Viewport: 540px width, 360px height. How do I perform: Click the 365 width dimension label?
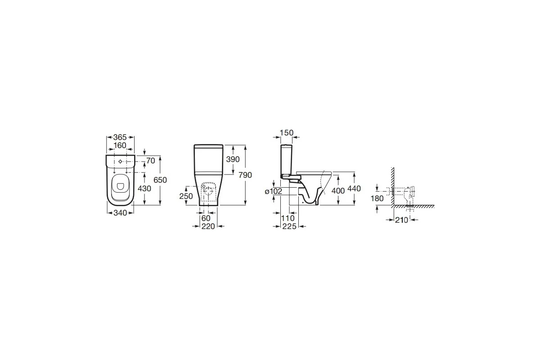(120, 137)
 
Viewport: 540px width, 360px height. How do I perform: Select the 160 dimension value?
(120, 145)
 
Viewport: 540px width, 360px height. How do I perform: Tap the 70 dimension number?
(151, 161)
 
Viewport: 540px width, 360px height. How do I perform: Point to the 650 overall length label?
(160, 180)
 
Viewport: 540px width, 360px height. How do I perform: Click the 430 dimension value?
(144, 188)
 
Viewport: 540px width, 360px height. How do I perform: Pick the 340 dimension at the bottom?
(120, 213)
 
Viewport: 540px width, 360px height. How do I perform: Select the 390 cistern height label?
(233, 159)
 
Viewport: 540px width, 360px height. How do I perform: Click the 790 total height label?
(245, 175)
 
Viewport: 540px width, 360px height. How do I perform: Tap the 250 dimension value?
(186, 196)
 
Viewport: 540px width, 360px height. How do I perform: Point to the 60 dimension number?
(206, 218)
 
